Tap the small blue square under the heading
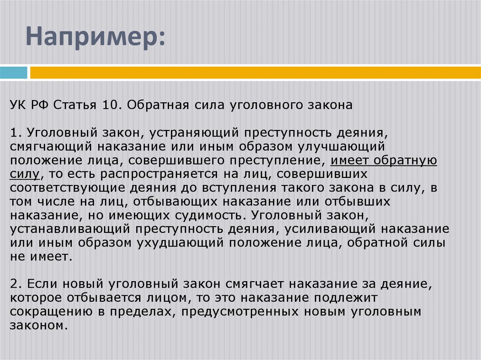[x=14, y=73]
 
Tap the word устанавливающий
[x=71, y=230]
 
